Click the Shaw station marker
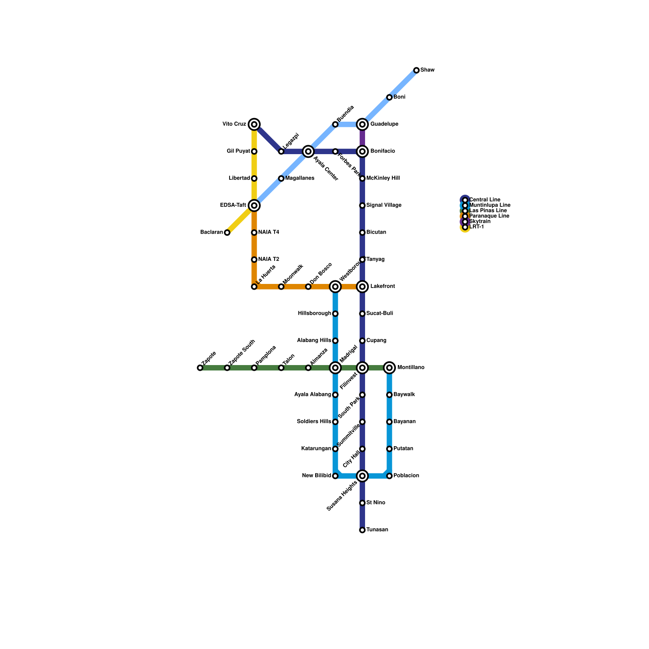[416, 70]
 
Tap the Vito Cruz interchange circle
[254, 124]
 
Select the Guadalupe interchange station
[362, 124]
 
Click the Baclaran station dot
[227, 232]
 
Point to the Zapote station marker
[200, 368]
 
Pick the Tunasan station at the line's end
[362, 530]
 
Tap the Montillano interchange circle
[389, 368]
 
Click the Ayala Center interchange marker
[308, 151]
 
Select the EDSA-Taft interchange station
[254, 206]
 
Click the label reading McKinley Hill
[383, 178]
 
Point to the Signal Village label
[384, 206]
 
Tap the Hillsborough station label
[314, 314]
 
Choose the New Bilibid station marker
[335, 476]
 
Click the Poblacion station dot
[389, 476]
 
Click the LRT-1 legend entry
[476, 227]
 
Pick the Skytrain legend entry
[479, 221]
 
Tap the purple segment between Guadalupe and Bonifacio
[362, 138]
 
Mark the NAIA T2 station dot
[254, 260]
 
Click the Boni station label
[399, 97]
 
